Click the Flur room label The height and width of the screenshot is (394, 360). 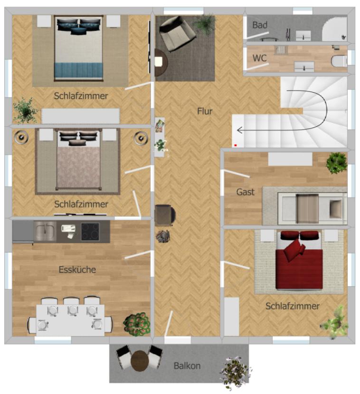click(x=205, y=111)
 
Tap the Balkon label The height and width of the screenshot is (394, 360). click(x=187, y=366)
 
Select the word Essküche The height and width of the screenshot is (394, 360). click(x=77, y=270)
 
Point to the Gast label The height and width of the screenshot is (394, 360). click(x=246, y=192)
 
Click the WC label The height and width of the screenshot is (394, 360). click(x=259, y=58)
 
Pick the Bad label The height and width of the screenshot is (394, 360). click(x=260, y=25)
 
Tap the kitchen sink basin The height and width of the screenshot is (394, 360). click(x=45, y=231)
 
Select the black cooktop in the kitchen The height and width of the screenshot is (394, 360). click(x=90, y=232)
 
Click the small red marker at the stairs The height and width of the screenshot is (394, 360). click(x=235, y=145)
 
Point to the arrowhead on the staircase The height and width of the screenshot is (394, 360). click(x=239, y=130)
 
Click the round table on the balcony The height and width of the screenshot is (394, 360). click(x=140, y=361)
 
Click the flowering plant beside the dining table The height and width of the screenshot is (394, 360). click(x=136, y=324)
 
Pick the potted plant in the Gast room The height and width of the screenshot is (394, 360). click(x=336, y=163)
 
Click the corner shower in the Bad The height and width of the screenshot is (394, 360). click(x=334, y=29)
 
